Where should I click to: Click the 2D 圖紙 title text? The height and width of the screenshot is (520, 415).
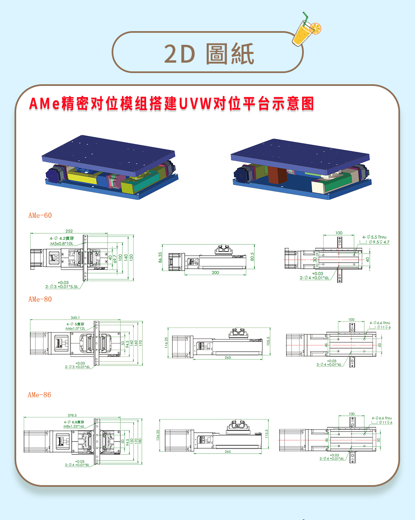209,54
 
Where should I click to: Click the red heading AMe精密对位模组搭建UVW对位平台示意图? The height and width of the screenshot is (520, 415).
171,104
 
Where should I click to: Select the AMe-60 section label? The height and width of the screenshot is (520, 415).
40,215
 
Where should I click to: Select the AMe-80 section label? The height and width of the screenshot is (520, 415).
40,299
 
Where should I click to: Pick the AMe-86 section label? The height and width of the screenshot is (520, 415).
39,395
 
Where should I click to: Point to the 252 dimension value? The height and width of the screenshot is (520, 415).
69,231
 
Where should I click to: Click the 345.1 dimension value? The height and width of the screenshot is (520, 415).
75,317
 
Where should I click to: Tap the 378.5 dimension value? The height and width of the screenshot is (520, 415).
72,415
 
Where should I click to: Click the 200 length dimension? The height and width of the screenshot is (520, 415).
215,273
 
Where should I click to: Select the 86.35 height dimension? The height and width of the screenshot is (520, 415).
160,257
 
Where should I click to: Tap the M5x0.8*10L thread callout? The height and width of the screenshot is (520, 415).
62,244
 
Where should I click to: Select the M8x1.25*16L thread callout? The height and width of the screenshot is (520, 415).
74,426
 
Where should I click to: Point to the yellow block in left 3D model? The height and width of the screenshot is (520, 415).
82,177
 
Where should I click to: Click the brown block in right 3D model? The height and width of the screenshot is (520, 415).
277,174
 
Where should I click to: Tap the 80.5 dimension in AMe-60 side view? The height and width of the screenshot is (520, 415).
252,257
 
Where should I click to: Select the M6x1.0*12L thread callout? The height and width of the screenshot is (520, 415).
75,328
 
